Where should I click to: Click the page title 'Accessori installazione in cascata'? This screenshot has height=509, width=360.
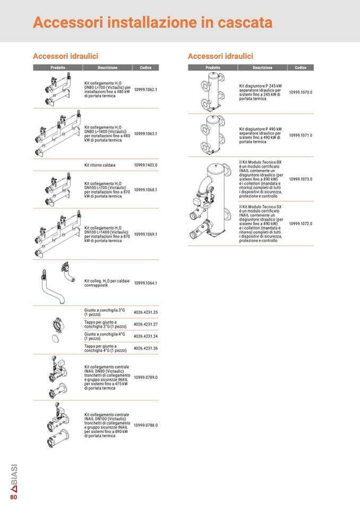[153, 23]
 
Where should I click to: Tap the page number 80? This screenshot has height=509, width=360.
[14, 497]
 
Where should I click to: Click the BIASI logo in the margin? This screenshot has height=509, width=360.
[14, 477]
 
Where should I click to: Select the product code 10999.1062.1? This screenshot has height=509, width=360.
[145, 90]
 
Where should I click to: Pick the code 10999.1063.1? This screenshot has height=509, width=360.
[145, 134]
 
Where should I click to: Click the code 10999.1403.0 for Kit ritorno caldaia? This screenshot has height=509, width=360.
[145, 165]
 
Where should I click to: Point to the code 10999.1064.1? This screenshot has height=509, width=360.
[145, 283]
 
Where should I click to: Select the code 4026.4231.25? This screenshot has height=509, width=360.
[146, 313]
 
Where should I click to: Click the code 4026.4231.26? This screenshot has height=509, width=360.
[146, 348]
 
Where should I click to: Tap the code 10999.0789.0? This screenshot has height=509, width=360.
[145, 377]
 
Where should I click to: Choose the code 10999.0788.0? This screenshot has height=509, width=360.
[145, 425]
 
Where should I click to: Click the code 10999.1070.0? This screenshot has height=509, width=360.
[301, 92]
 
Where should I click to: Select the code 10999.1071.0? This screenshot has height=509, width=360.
[301, 135]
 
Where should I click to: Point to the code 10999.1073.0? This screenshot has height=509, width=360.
[301, 179]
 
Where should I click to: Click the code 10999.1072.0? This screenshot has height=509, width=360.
[301, 223]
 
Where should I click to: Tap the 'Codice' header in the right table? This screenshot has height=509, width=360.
[301, 68]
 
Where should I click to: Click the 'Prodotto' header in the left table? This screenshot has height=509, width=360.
[58, 68]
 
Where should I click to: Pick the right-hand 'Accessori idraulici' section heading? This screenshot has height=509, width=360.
[220, 56]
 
